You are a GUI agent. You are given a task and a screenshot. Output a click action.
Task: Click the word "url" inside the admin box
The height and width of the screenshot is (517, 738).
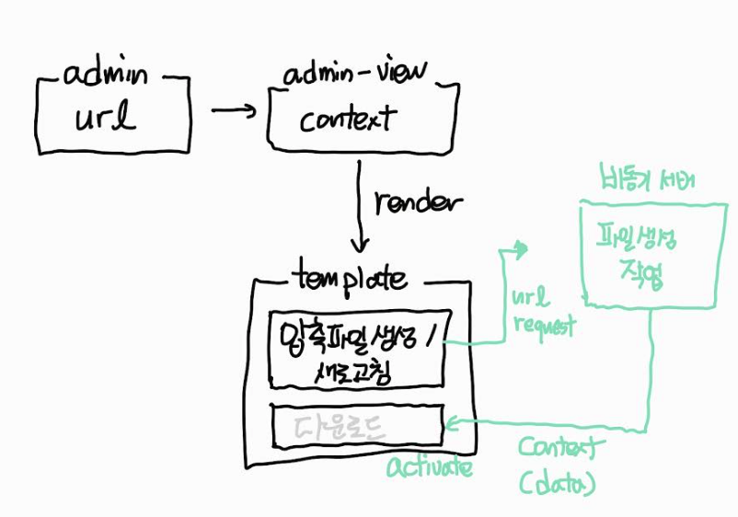[x=109, y=119]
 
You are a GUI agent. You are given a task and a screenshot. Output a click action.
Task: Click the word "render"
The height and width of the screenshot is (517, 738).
[x=420, y=202]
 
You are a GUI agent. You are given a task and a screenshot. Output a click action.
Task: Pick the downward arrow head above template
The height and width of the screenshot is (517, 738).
[x=360, y=246]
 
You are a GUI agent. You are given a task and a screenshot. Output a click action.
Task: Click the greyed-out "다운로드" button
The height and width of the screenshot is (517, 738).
[x=340, y=426]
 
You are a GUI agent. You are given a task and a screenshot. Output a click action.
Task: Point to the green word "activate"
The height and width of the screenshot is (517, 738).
[x=430, y=468]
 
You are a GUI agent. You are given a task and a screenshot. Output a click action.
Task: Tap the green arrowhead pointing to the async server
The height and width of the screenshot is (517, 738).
[x=522, y=248]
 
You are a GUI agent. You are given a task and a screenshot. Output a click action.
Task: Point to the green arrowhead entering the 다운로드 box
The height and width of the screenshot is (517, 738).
[x=452, y=424]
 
